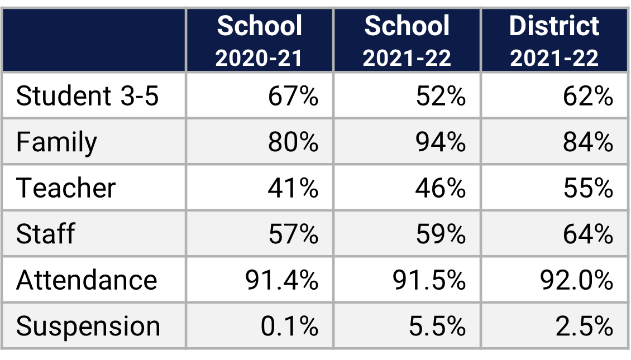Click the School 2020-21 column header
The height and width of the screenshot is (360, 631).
pos(260,41)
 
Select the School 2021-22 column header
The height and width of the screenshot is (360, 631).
pos(407,41)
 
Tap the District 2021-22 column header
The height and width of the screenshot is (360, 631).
pos(554,41)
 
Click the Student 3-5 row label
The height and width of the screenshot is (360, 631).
pos(88,96)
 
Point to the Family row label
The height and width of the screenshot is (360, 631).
pos(56,142)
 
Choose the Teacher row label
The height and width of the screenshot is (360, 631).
pos(66,188)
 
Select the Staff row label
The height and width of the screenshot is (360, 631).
pos(45,234)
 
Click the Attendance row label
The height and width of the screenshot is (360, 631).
pos(87,280)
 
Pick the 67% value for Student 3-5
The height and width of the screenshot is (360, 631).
pos(293,96)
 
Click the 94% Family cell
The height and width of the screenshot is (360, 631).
pos(441,142)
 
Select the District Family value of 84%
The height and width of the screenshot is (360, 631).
pos(588,142)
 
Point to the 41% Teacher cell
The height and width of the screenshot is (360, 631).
pos(293,188)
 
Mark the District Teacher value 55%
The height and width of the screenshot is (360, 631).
pos(588,188)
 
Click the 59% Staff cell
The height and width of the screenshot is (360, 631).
pos(441,234)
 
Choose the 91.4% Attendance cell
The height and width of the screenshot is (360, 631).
pos(282,280)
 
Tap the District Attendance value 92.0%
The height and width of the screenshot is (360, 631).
pos(577,280)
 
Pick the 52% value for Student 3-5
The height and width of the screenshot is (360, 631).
pos(441,96)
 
